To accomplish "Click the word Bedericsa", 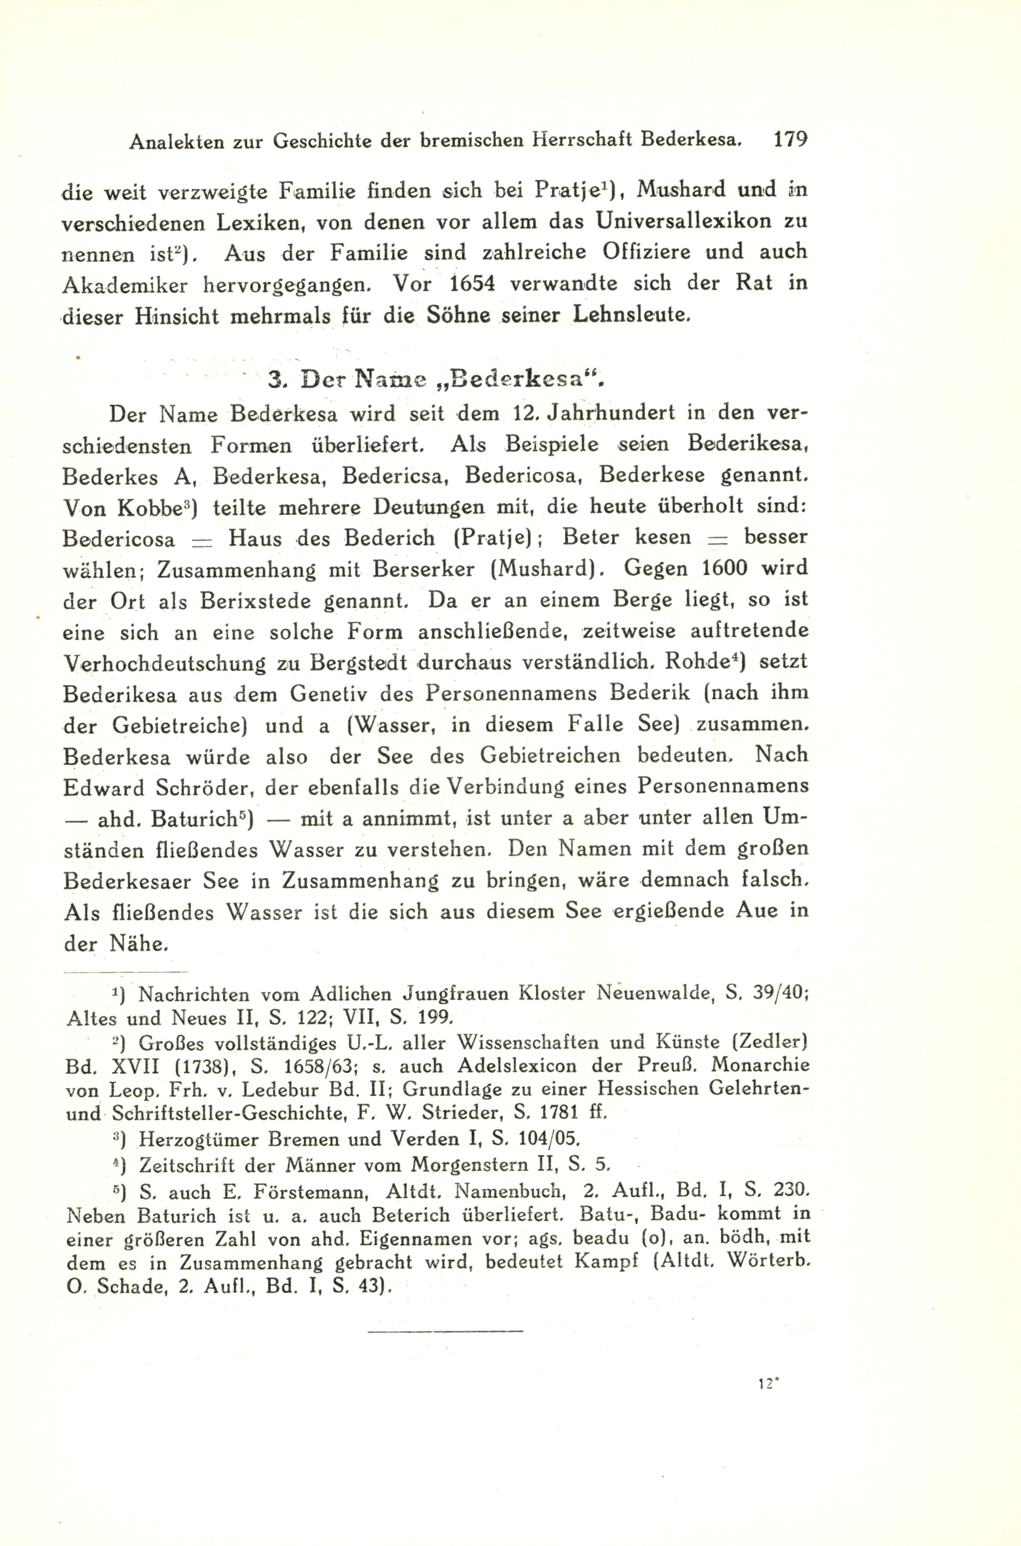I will tap(394, 476).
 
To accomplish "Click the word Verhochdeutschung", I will tap(165, 663).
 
